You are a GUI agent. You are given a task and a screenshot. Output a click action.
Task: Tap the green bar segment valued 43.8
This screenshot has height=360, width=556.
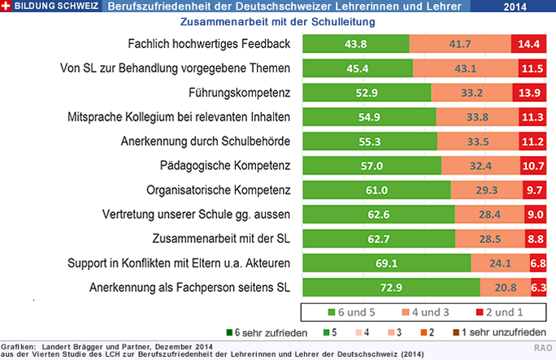click(355, 44)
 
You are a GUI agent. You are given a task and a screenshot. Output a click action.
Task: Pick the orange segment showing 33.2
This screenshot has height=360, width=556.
click(471, 93)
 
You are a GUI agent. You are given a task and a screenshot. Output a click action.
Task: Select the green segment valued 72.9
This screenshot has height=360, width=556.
click(391, 288)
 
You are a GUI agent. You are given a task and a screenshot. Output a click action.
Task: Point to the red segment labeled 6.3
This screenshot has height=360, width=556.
click(537, 288)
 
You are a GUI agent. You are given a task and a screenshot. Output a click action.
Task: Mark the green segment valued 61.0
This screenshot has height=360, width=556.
click(376, 190)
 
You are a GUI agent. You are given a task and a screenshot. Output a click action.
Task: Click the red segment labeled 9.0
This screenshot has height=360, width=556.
click(534, 215)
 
